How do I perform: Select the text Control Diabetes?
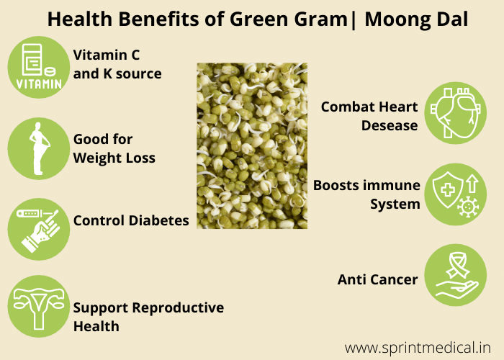[131, 220]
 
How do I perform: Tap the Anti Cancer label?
[377, 279]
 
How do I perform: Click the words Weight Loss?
[114, 158]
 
